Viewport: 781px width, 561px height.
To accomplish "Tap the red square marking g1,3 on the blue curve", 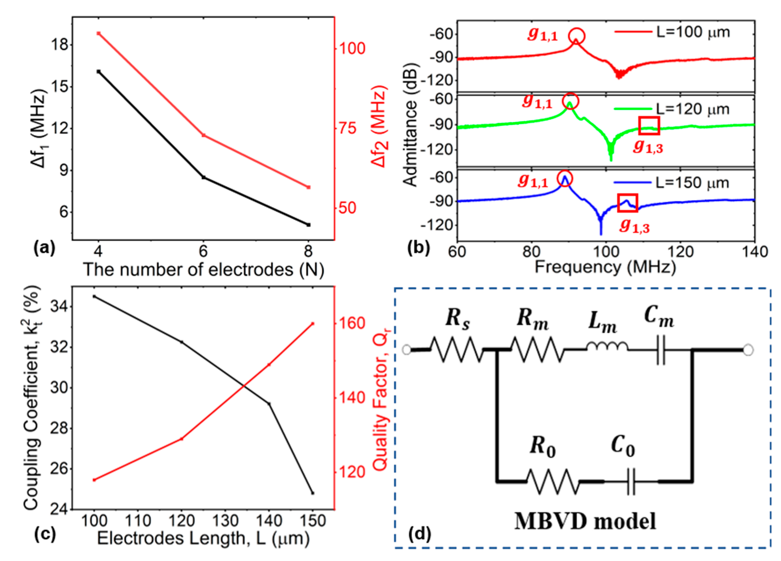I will pyautogui.click(x=628, y=203).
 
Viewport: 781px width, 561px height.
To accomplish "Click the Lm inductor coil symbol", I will pyautogui.click(x=607, y=347).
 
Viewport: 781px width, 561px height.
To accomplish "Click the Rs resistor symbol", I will pyautogui.click(x=456, y=350).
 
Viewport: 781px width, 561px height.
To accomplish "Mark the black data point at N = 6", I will pyautogui.click(x=203, y=177).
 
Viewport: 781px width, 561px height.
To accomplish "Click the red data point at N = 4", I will pyautogui.click(x=98, y=33).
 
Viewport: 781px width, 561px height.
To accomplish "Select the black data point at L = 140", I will pyautogui.click(x=269, y=404).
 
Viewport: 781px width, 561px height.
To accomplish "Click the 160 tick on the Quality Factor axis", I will pyautogui.click(x=351, y=323).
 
